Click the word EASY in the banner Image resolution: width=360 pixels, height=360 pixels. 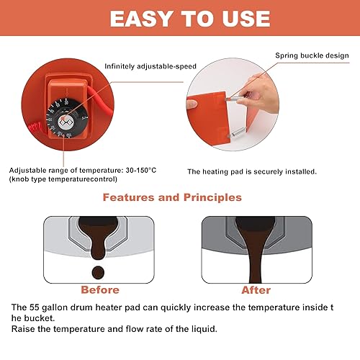click(141, 19)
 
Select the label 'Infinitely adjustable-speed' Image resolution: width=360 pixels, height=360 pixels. click(150, 66)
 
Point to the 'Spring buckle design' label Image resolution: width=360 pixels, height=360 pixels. click(312, 55)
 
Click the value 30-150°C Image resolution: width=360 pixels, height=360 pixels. click(141, 171)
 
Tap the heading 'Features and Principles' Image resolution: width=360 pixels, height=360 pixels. click(172, 197)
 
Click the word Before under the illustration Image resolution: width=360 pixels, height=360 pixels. click(100, 290)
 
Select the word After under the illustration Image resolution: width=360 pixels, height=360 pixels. click(256, 290)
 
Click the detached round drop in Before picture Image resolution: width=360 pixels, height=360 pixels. click(98, 272)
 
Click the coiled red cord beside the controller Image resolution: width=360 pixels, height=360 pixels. click(36, 129)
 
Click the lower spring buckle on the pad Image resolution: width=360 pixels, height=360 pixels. click(237, 132)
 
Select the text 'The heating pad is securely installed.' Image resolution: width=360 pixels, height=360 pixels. click(252, 172)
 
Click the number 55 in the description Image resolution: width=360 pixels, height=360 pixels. click(35, 307)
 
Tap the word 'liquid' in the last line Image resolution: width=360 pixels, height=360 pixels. click(204, 329)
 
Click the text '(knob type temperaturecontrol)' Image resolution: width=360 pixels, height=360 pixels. click(63, 179)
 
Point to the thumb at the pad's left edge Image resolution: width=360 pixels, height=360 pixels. click(192, 104)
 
